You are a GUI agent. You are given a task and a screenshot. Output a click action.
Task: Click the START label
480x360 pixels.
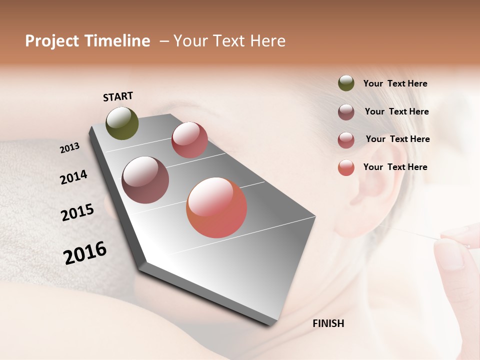click(x=118, y=96)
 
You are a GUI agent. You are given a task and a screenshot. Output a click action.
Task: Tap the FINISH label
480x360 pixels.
click(x=328, y=323)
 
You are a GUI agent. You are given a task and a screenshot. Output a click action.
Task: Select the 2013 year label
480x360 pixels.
click(x=69, y=148)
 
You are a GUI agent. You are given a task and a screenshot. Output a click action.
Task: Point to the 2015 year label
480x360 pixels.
click(x=77, y=212)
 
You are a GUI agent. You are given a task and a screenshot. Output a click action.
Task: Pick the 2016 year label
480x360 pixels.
click(x=85, y=252)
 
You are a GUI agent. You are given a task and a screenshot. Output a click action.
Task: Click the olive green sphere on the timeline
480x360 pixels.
click(x=122, y=123)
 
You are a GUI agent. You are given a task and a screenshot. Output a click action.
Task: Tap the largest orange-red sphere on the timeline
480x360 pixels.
click(x=216, y=207)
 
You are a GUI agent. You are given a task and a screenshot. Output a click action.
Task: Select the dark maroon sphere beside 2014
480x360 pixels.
click(x=145, y=180)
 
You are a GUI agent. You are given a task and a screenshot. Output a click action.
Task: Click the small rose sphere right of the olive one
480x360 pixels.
click(x=189, y=140)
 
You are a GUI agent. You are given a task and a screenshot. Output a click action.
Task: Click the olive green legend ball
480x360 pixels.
click(x=346, y=83)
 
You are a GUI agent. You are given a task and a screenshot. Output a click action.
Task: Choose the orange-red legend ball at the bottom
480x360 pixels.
click(x=346, y=167)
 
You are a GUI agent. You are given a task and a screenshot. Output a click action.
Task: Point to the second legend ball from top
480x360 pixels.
click(x=346, y=112)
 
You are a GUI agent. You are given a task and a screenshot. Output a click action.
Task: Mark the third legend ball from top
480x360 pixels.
click(x=346, y=140)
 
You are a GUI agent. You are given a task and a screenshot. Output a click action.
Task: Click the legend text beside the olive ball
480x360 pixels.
click(x=395, y=83)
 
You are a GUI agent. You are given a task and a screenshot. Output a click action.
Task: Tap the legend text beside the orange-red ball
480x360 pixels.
click(x=395, y=167)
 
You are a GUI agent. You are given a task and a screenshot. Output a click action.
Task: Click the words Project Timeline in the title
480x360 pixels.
click(x=87, y=41)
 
